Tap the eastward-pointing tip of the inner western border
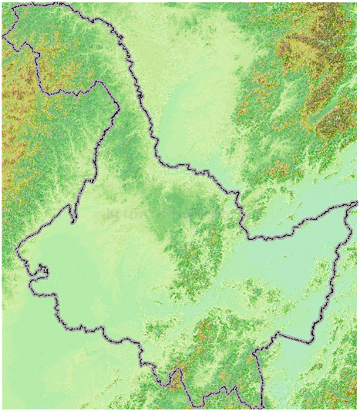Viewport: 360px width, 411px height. click(118, 113)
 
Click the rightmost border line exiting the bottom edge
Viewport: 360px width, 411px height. click(262, 404)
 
